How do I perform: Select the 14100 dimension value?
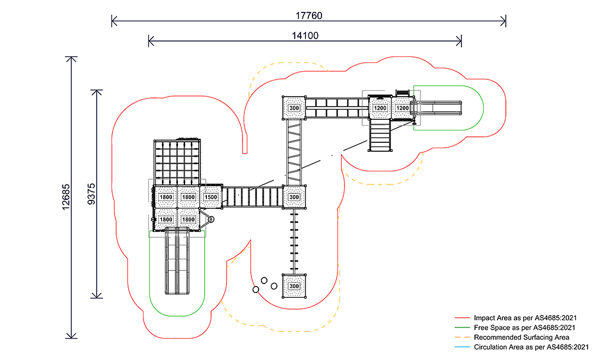coord(305,35)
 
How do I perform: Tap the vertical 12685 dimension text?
coord(66,196)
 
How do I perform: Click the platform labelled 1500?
coord(211,197)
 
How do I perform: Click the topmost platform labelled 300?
coord(294,109)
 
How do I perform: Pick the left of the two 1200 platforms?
coord(380,108)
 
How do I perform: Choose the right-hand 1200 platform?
coord(402,108)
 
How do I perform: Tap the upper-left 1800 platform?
coord(166,197)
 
